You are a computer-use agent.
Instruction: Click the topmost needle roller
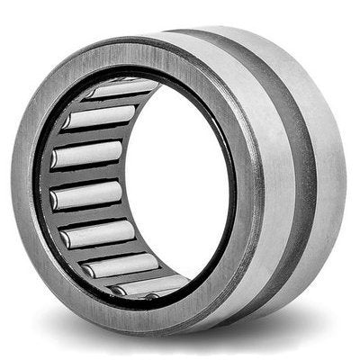[126, 90]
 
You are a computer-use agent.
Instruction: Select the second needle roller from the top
[101, 117]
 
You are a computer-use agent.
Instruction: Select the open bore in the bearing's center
[180, 180]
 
